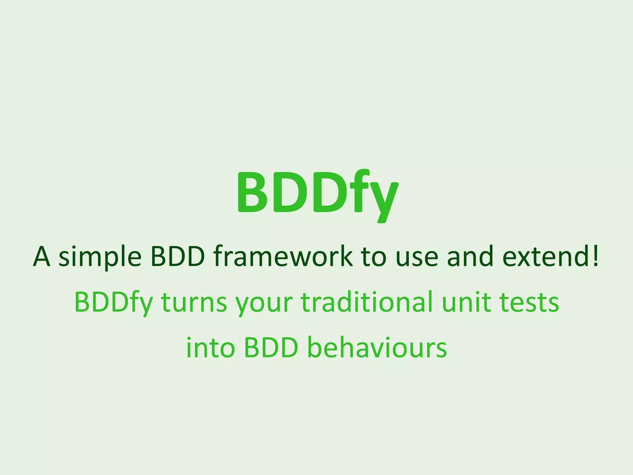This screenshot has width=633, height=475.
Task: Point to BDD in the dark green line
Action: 178,256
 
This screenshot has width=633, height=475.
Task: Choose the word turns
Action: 194,302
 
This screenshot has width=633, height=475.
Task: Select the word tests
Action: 529,302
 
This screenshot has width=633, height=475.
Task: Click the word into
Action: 210,348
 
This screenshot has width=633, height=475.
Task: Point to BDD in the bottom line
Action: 271,348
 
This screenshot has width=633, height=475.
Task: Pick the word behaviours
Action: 377,348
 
